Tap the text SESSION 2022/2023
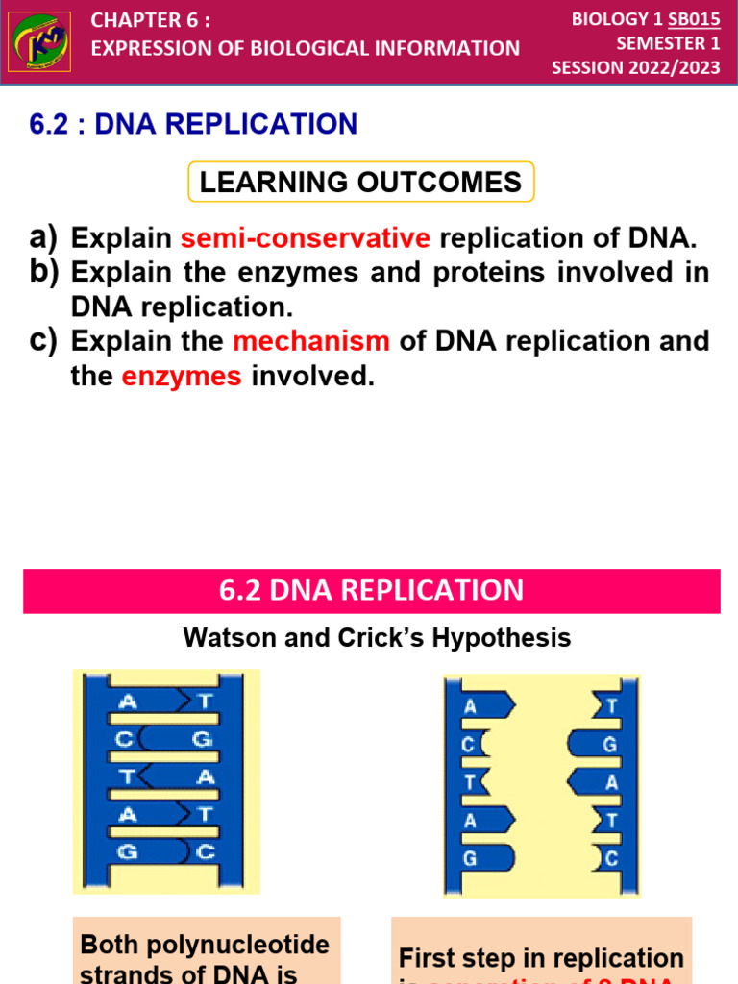point(635,68)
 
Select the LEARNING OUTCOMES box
point(361,182)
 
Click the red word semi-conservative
point(305,238)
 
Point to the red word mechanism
point(311,341)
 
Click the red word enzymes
point(182,377)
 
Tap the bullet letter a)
point(44,237)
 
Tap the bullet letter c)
point(44,340)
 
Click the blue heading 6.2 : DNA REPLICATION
point(194,124)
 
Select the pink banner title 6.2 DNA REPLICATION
point(371,590)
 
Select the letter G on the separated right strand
point(609,745)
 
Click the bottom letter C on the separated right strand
point(610,859)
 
